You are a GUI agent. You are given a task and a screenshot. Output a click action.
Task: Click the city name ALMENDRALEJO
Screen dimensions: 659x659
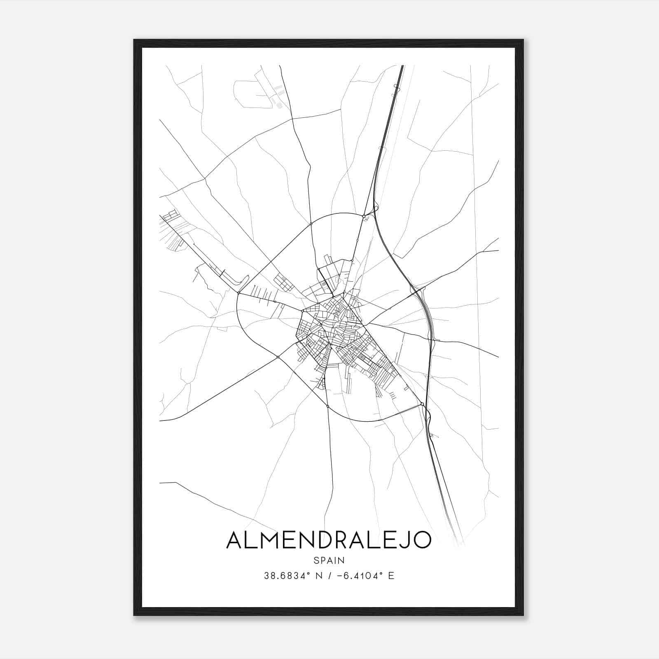coord(329,540)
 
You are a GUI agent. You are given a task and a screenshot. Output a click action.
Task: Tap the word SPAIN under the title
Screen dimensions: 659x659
coord(329,561)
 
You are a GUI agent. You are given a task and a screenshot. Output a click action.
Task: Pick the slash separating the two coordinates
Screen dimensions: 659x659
coord(329,576)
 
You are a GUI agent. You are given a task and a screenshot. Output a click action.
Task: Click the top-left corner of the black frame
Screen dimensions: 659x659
coord(134,40)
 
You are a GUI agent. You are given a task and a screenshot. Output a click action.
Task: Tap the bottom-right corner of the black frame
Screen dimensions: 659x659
coord(523,615)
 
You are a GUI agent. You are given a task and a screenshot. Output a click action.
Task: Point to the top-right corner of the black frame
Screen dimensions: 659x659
coord(523,40)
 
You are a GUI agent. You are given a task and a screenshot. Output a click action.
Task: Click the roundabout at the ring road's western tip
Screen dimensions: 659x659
coord(238,293)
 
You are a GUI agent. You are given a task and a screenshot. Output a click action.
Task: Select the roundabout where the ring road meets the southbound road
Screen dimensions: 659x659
coord(327,407)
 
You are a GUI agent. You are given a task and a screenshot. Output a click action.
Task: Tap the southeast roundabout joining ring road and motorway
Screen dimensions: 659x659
coord(422,404)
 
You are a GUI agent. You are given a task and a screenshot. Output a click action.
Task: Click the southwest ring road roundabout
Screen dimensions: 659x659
coord(278,357)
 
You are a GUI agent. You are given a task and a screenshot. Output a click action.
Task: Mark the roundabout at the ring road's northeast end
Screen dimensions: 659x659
coord(364,216)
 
